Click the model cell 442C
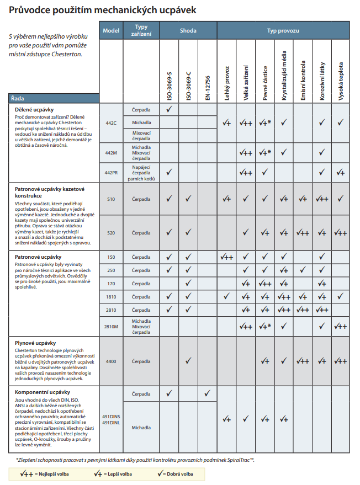[111, 122]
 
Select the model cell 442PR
[111, 172]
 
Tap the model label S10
[111, 199]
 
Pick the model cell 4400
[111, 361]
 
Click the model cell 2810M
[111, 327]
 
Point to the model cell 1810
[111, 297]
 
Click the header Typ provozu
[283, 30]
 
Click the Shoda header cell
[188, 30]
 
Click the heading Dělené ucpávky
[34, 110]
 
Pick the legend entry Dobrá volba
[177, 474]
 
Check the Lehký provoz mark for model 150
[226, 257]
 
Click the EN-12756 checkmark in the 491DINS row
[207, 394]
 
